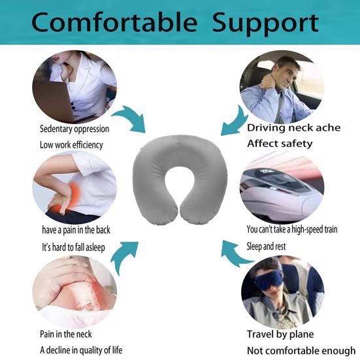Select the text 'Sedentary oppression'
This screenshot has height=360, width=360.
pyautogui.click(x=74, y=129)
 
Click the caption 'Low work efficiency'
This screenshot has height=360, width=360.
pyautogui.click(x=71, y=145)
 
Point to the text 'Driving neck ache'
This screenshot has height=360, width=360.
pyautogui.click(x=293, y=127)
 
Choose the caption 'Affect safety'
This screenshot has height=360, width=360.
pyautogui.click(x=280, y=143)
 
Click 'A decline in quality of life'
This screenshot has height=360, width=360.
pyautogui.click(x=80, y=350)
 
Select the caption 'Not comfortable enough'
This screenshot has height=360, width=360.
pyautogui.click(x=301, y=350)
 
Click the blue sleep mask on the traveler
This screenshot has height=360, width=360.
pyautogui.click(x=269, y=282)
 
